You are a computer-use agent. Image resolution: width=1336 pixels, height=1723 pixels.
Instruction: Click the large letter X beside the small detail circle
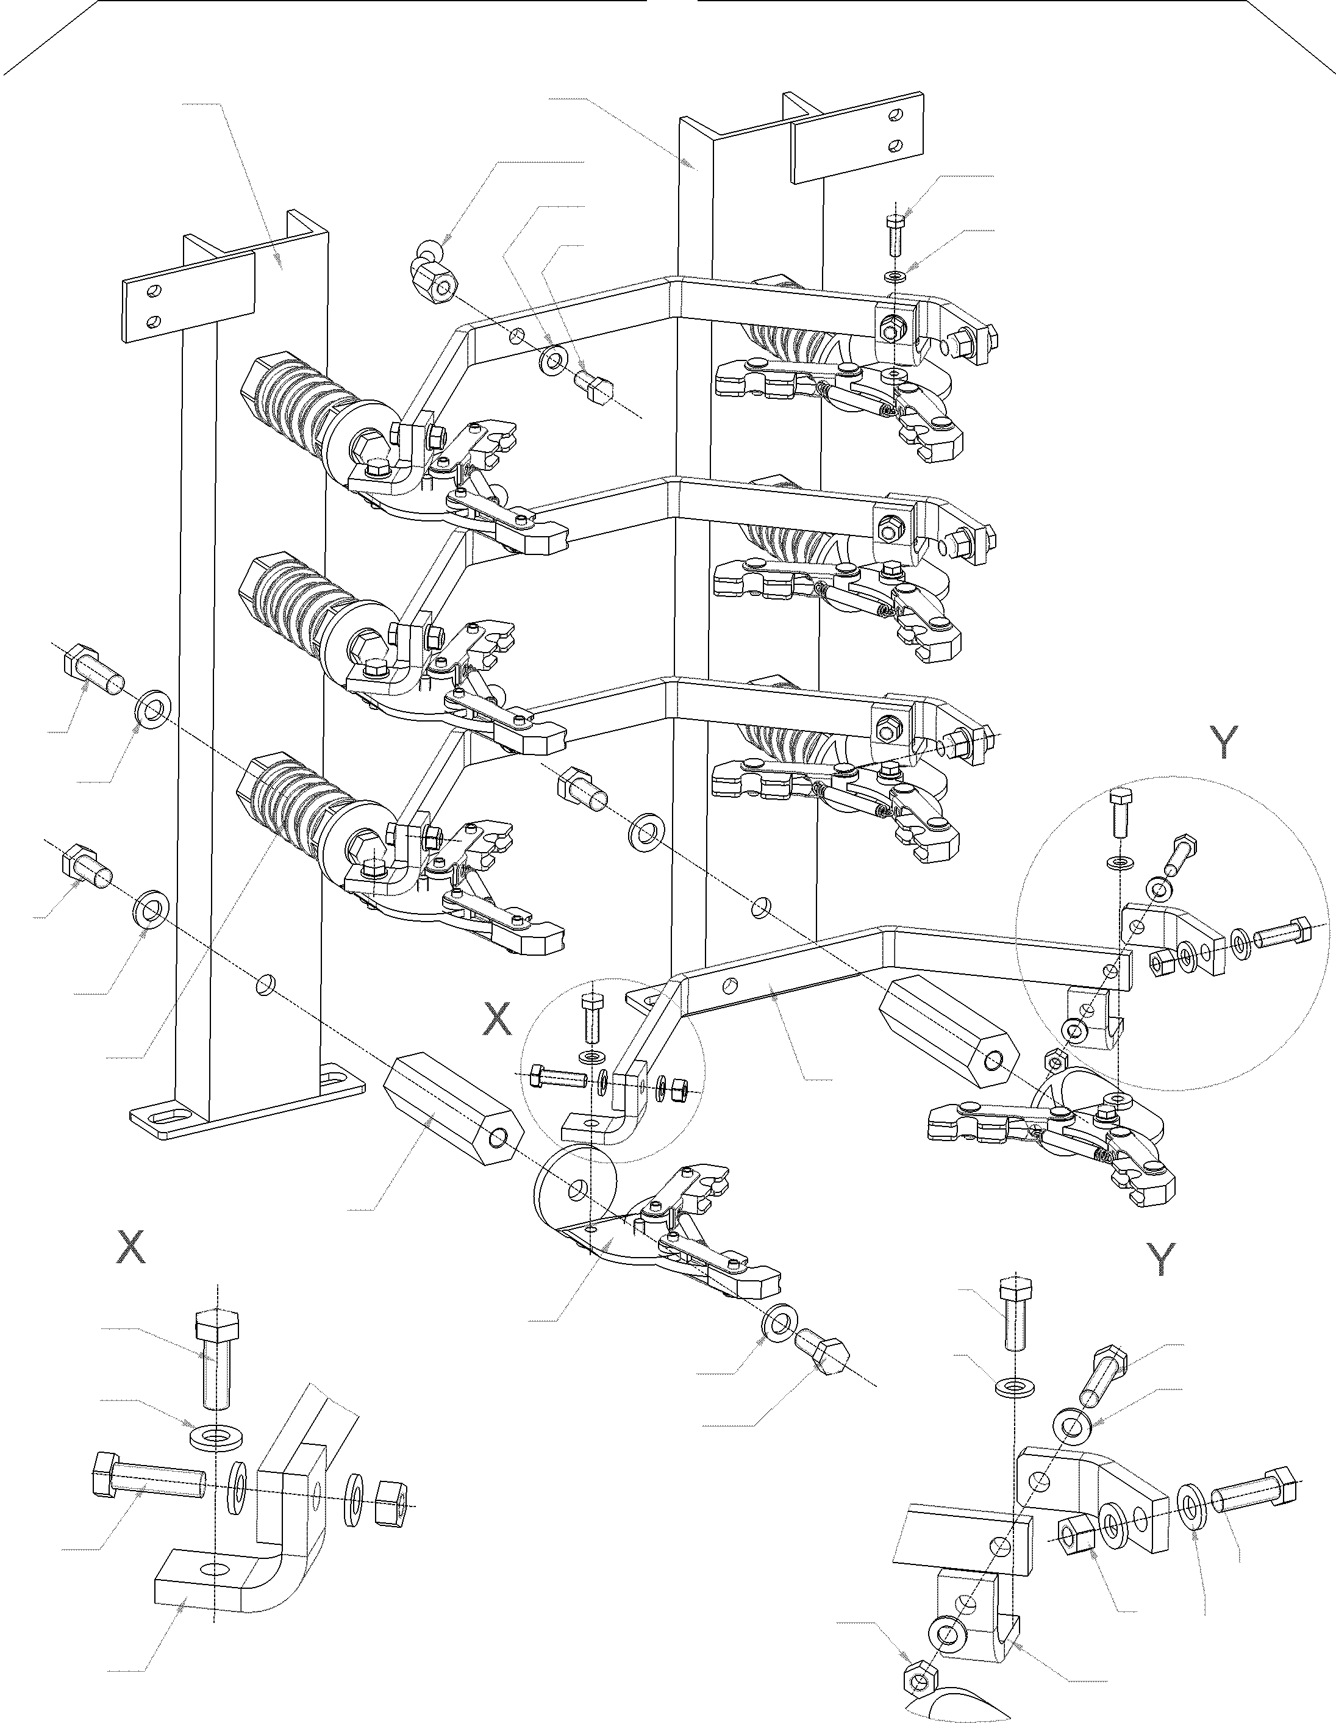tap(497, 1019)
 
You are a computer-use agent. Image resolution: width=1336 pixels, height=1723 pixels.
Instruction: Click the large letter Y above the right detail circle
tap(1223, 742)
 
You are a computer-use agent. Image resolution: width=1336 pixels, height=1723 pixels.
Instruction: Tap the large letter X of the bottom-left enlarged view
tap(131, 1247)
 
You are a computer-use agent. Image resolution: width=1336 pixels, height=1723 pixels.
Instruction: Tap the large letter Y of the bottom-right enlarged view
tap(1160, 1259)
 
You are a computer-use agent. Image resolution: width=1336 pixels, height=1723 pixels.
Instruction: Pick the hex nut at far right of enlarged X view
tap(389, 1495)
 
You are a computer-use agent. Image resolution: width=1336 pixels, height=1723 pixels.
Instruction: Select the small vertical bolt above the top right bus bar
tap(897, 234)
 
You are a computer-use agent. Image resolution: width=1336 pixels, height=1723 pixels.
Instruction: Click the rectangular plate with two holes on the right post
tap(857, 137)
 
